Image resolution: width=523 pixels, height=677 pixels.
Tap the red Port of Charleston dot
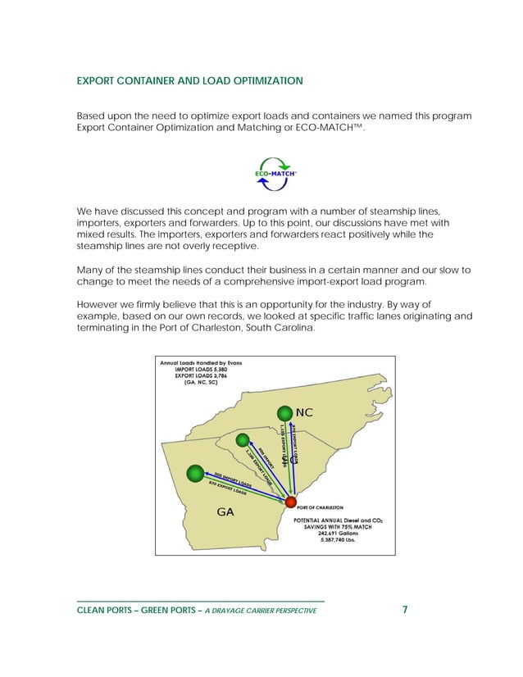click(x=289, y=501)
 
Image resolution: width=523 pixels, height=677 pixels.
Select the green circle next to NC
click(x=284, y=412)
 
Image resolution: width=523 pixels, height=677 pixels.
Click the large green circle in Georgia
click(x=195, y=473)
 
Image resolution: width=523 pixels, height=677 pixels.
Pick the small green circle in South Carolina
click(x=243, y=439)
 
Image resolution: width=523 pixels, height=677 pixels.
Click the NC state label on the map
click(x=304, y=411)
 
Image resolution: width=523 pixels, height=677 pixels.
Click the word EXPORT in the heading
click(x=98, y=81)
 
